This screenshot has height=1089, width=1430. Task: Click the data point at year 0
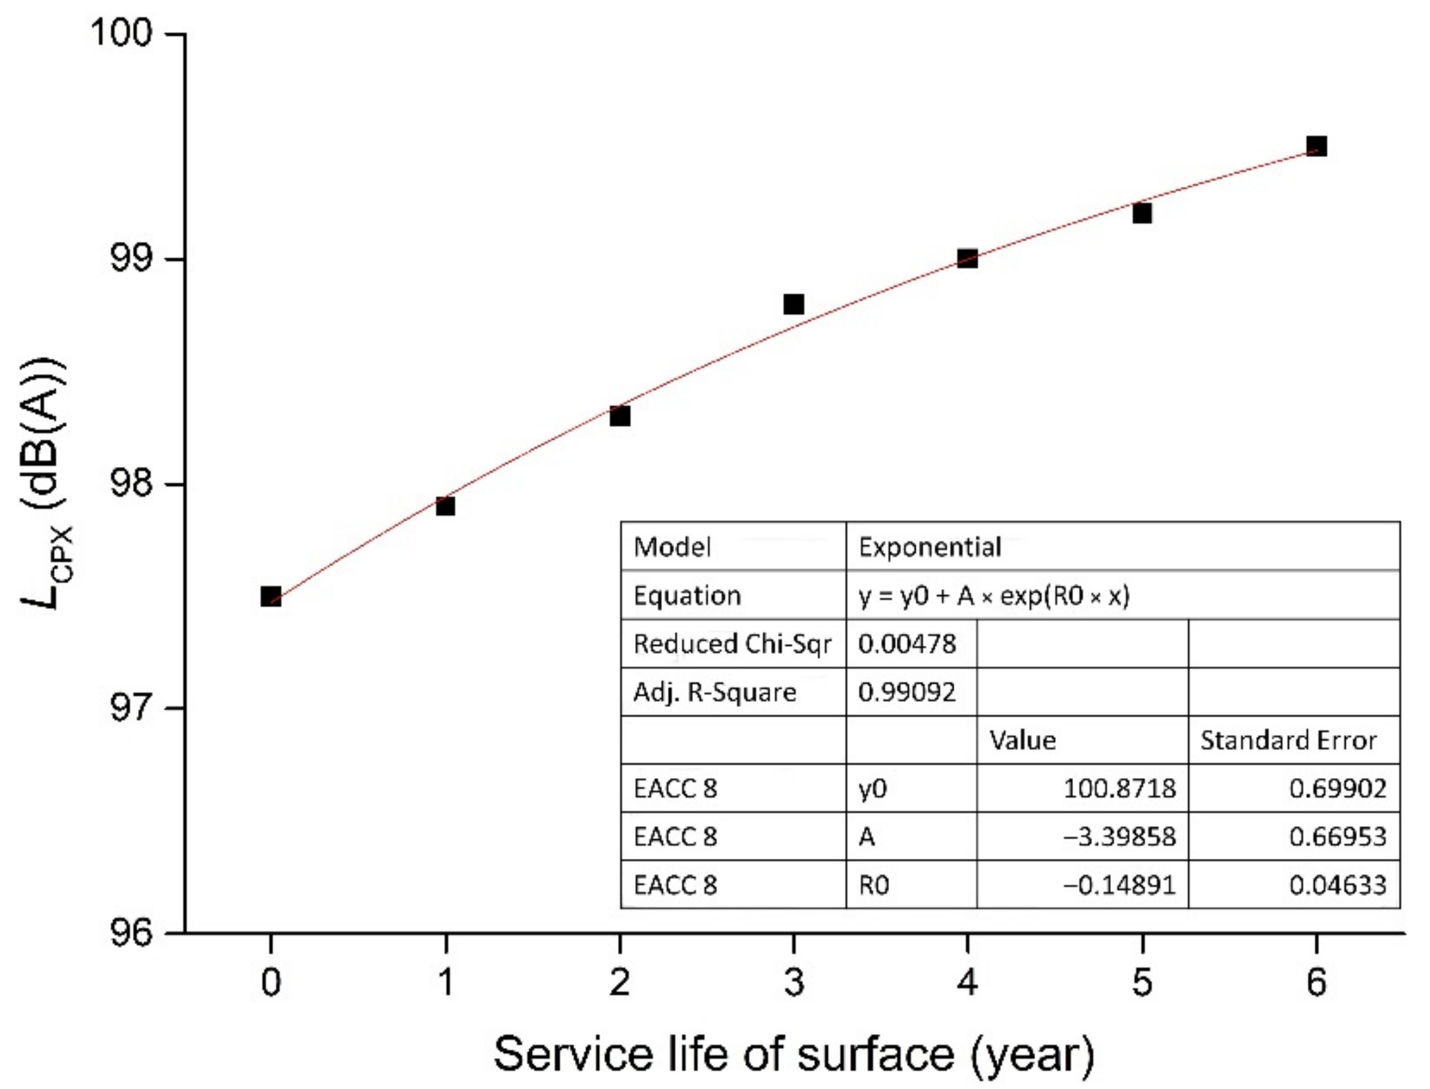point(270,597)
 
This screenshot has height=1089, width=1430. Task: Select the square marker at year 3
point(793,304)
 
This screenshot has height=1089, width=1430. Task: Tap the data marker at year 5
point(1142,213)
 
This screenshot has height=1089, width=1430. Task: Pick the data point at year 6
point(1316,146)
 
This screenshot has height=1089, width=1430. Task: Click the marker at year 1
point(445,506)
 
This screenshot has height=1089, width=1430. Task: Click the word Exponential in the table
point(930,548)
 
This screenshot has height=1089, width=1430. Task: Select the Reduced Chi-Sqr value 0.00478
point(907,644)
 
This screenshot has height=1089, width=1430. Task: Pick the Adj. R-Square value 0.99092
point(907,693)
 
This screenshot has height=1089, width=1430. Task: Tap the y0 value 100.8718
point(1120,789)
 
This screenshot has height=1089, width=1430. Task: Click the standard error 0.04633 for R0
point(1337,885)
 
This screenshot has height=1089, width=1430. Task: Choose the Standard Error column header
point(1288,741)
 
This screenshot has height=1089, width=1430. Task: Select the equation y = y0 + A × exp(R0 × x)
point(994,596)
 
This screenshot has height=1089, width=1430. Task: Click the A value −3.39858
point(1120,837)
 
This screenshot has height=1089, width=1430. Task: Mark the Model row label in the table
point(671,548)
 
